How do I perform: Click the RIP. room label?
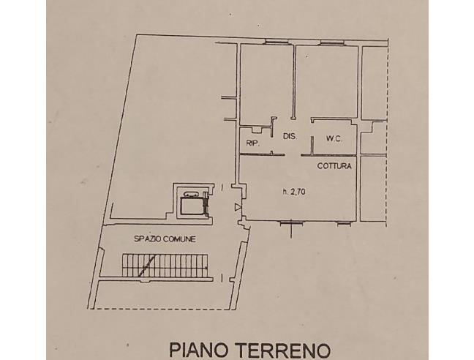pos(252,143)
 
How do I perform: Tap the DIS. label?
pos(290,136)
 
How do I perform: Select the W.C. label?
pos(334,139)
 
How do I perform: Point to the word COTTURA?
pos(334,165)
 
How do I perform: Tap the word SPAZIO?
pos(148,239)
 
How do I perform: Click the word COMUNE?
pos(179,239)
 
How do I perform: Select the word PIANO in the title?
pos(198,350)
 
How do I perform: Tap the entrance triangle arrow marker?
pos(238,207)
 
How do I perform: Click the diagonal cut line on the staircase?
pos(148,265)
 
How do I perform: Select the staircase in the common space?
pos(165,265)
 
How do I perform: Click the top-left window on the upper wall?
pos(276,42)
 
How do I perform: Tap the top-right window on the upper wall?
pos(332,42)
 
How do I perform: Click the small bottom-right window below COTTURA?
pos(344,224)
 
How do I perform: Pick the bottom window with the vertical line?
pos(291,224)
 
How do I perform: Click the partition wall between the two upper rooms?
pos(293,82)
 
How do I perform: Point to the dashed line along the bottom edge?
pos(163,309)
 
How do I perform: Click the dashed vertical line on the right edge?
pos(387,133)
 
